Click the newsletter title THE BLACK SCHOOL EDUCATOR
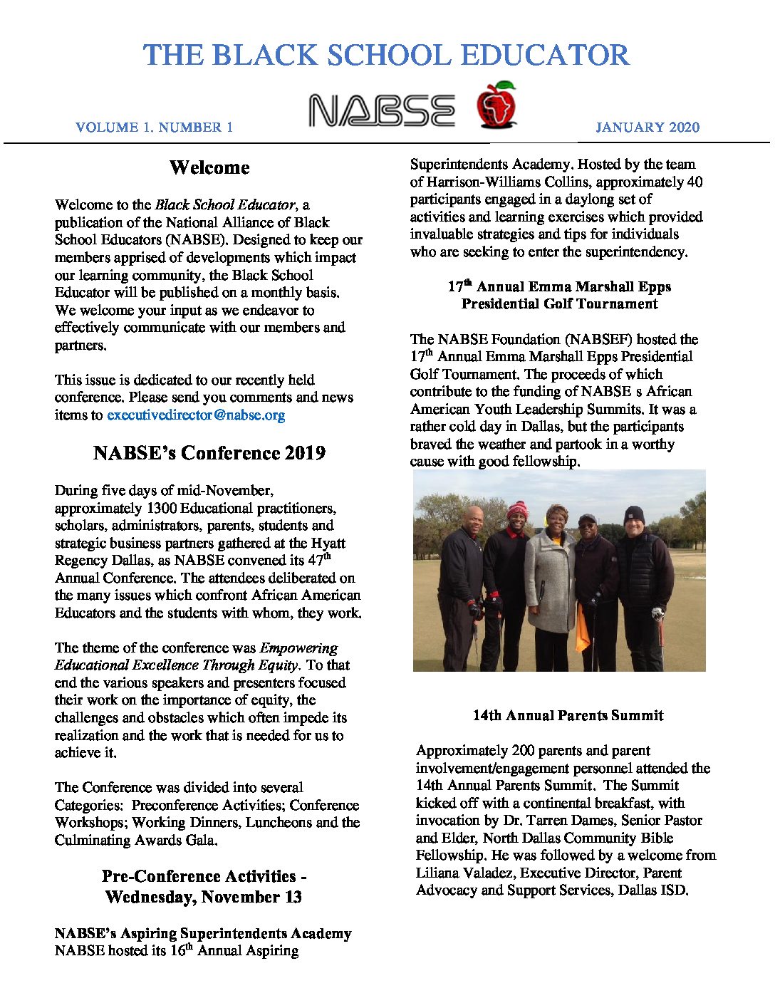(x=386, y=55)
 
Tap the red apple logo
(x=496, y=105)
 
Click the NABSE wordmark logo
(x=382, y=111)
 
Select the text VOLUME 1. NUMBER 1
(x=154, y=128)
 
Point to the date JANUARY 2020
(x=647, y=128)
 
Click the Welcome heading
(x=209, y=168)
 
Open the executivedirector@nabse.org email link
(x=196, y=415)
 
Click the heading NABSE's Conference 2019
(x=209, y=454)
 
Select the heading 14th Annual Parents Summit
(x=568, y=716)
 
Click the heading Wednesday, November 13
(x=203, y=897)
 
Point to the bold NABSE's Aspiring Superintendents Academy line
(x=203, y=934)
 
